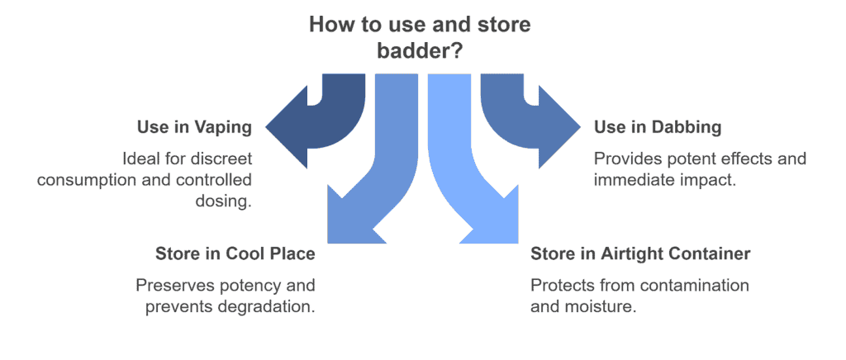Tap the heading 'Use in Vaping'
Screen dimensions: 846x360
(194, 128)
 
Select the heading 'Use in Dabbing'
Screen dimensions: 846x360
(658, 128)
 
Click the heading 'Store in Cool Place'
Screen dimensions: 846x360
(235, 253)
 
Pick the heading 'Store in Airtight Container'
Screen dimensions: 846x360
(640, 253)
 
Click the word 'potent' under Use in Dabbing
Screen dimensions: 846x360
(685, 159)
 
